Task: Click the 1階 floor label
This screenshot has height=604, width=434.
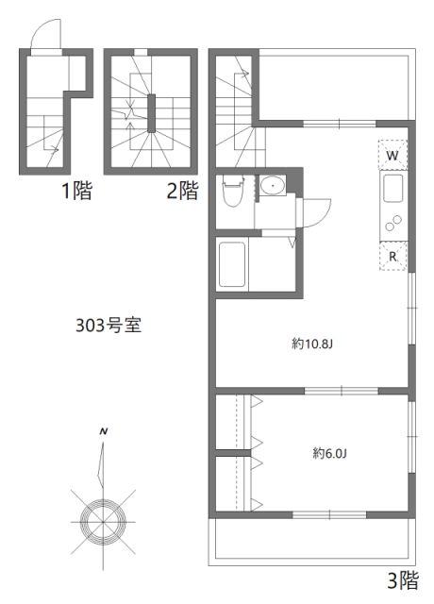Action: tap(76, 192)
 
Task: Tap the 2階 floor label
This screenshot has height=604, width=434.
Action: tap(182, 192)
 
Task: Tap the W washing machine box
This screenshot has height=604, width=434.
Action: tap(392, 154)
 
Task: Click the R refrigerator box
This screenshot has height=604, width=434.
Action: tap(392, 256)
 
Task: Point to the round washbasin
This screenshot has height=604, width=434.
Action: tap(275, 185)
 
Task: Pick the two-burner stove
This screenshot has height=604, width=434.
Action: tap(392, 225)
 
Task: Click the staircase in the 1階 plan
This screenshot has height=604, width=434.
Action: tap(44, 132)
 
